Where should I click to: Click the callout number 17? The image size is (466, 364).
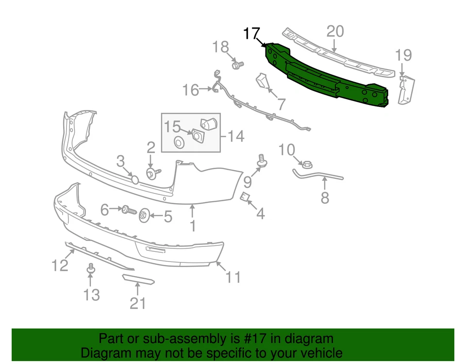click(x=251, y=34)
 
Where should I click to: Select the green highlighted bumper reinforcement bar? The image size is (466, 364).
click(x=325, y=78)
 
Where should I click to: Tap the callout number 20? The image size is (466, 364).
click(x=335, y=32)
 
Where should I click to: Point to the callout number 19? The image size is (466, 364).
click(x=403, y=55)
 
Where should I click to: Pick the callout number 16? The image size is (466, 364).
click(x=191, y=90)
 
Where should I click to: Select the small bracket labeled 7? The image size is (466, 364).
click(x=263, y=81)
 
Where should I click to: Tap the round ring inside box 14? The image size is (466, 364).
click(x=179, y=142)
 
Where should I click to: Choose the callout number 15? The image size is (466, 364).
click(x=172, y=127)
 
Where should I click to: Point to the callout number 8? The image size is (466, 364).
click(x=325, y=198)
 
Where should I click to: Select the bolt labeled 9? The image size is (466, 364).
click(x=262, y=161)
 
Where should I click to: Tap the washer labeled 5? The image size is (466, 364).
click(x=145, y=215)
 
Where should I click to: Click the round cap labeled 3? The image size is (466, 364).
click(x=135, y=179)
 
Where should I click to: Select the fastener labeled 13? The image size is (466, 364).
click(x=90, y=268)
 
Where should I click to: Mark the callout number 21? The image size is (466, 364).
click(x=137, y=303)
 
